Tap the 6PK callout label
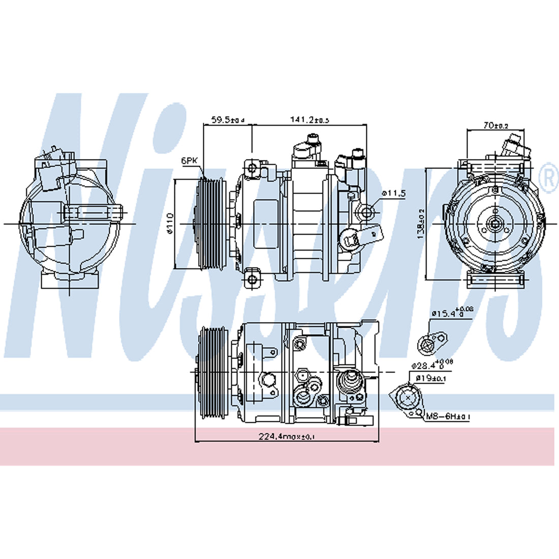pos(189,161)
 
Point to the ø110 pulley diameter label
pos(170,223)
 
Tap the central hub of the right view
pos(494,224)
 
